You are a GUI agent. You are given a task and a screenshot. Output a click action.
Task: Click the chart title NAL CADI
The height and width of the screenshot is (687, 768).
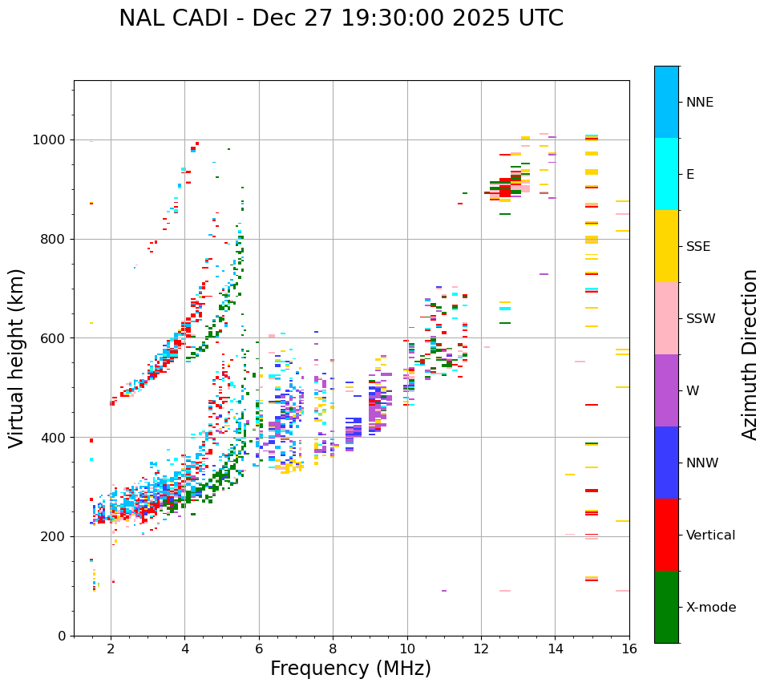tap(341, 18)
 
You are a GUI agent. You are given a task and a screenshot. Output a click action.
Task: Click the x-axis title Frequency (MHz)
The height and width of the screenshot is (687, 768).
tap(350, 669)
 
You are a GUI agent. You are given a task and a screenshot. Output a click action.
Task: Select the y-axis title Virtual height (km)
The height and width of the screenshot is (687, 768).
tap(17, 358)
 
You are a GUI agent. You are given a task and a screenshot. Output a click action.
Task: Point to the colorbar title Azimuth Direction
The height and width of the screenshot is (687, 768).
tap(750, 354)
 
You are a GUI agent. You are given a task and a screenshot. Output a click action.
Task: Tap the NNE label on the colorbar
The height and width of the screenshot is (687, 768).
tap(700, 103)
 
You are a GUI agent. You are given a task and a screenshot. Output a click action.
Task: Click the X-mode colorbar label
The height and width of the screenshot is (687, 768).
tap(711, 608)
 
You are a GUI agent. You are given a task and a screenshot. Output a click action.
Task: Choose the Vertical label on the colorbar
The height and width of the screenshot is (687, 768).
tap(710, 535)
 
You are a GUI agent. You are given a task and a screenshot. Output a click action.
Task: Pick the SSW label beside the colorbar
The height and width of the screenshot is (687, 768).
tap(701, 319)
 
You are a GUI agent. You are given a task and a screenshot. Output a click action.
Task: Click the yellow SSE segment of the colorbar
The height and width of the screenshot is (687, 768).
tap(666, 246)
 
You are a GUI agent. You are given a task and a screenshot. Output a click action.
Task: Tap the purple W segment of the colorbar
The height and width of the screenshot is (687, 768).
tap(666, 390)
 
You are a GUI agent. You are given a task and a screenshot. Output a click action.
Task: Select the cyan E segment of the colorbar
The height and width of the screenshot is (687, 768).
tap(666, 174)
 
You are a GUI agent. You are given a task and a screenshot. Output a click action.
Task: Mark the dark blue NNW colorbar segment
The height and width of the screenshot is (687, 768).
tap(666, 463)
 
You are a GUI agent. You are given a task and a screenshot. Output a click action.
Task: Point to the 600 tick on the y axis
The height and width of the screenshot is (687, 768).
tap(55, 338)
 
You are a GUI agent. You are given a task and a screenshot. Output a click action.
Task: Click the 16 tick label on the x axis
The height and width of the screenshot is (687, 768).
tap(629, 649)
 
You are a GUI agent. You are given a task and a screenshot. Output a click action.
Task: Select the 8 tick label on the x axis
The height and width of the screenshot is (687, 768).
tap(333, 649)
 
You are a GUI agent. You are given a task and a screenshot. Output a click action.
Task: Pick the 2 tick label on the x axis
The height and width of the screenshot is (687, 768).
tap(111, 649)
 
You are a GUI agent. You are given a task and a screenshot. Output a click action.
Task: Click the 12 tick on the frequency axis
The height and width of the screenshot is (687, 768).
tap(481, 649)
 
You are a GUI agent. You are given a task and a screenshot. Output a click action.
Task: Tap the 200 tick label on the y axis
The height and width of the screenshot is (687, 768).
tap(55, 536)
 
